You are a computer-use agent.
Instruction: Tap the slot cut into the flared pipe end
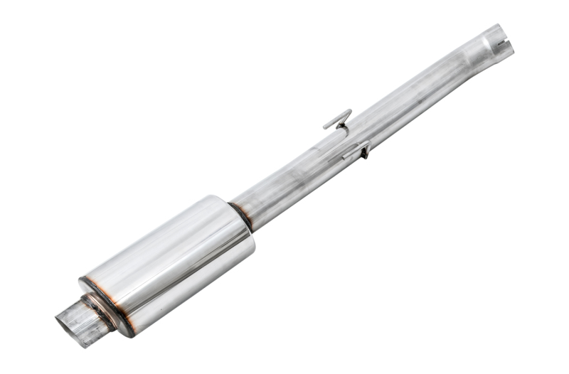click(x=503, y=46)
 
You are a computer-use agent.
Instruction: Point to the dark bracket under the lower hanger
click(x=364, y=153)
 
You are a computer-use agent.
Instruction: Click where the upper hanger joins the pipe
click(x=344, y=130)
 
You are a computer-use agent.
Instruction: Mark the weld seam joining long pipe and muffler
click(x=240, y=214)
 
